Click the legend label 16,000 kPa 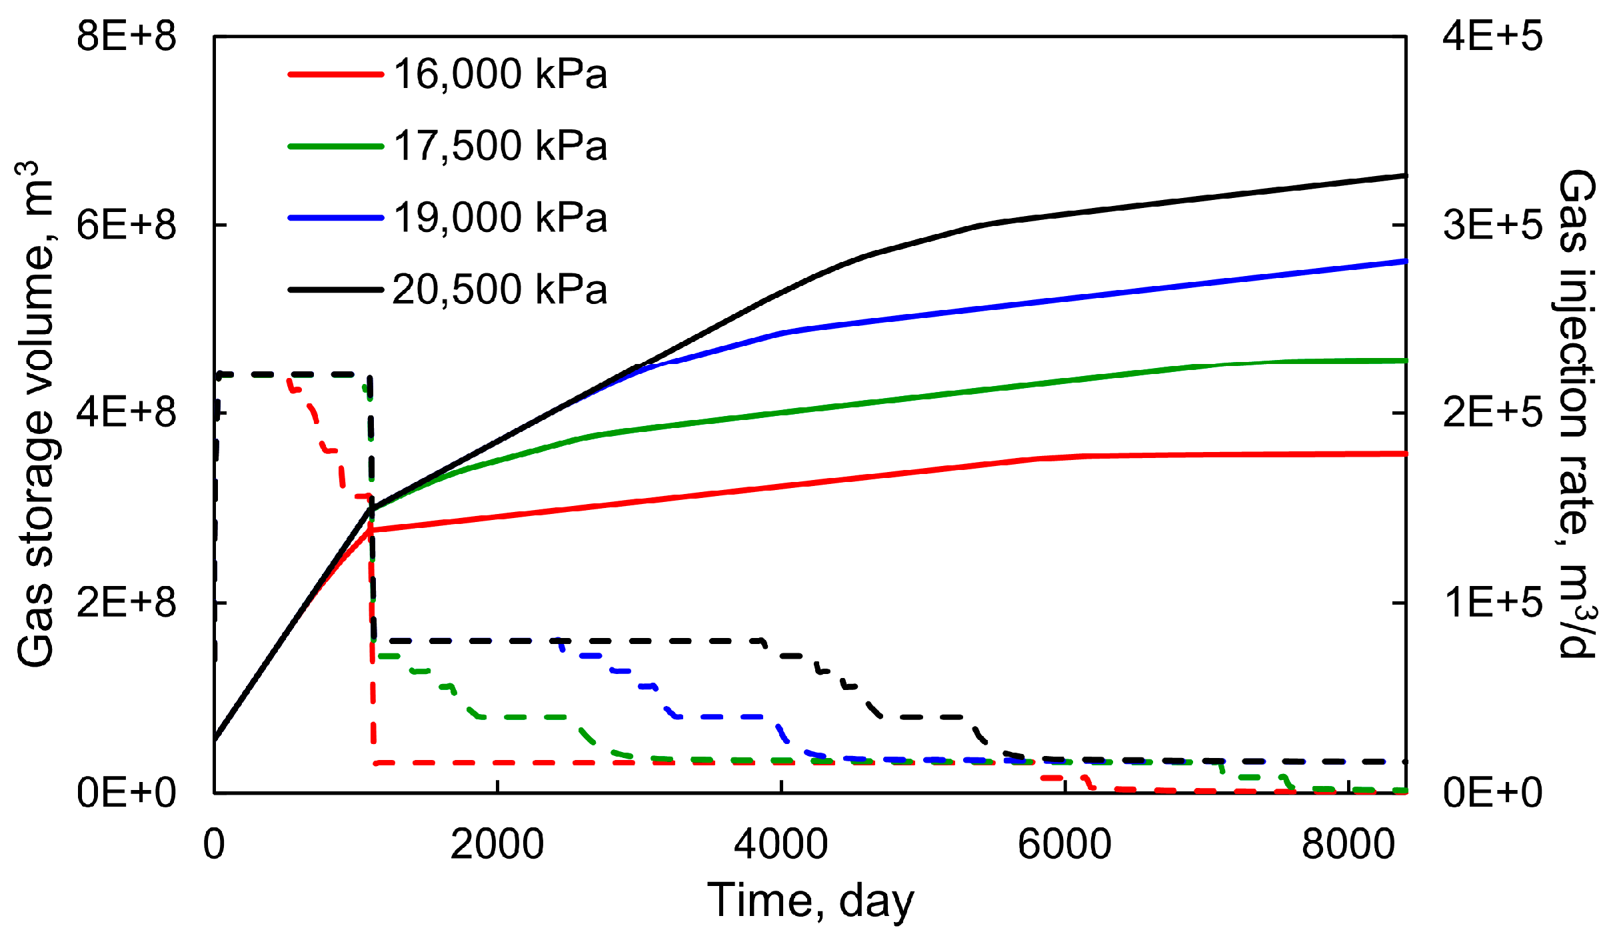point(500,74)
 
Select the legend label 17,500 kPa point(500,146)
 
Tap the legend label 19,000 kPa point(500,218)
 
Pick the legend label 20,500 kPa point(500,290)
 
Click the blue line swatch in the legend point(335,218)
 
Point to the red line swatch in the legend point(335,74)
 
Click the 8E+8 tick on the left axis point(126,36)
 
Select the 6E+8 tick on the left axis point(126,225)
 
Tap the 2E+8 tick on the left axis point(126,603)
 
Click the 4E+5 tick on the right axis point(1492,36)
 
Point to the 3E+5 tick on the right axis point(1492,225)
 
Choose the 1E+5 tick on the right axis point(1492,603)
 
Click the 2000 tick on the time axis point(497,844)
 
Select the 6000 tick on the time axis point(1064,844)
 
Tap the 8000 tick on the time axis point(1348,844)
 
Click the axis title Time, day point(810,901)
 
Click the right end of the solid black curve point(1404,176)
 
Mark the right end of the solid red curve point(1404,453)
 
